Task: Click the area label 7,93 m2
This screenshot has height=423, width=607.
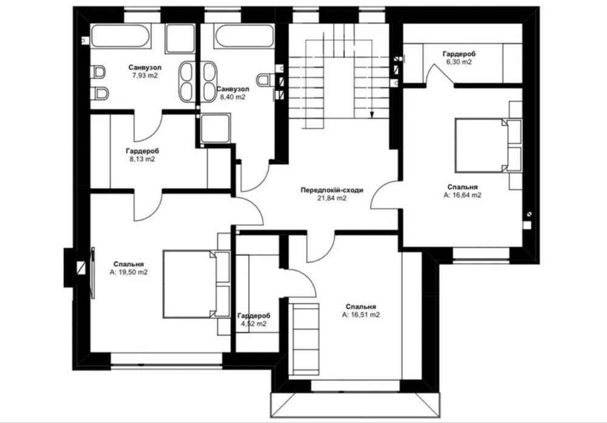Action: (145, 75)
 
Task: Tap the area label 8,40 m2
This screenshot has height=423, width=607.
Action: (233, 97)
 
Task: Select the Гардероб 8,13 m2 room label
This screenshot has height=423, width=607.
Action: (142, 154)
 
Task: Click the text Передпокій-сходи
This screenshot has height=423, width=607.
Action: (332, 190)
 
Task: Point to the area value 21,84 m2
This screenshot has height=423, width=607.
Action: (332, 198)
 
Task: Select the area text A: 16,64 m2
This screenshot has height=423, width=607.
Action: (462, 196)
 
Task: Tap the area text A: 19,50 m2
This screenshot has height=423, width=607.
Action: (129, 272)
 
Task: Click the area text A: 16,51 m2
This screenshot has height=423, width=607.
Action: (361, 315)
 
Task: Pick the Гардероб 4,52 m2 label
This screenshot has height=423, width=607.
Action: (254, 320)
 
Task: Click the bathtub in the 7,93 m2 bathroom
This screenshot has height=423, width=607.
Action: (121, 36)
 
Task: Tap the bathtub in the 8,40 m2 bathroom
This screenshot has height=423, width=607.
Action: (245, 36)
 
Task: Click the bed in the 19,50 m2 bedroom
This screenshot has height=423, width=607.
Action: (196, 284)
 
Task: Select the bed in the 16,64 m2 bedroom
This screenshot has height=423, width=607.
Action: (489, 145)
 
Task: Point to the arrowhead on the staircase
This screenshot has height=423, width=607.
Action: (372, 115)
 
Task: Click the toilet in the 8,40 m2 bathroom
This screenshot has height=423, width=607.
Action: (265, 80)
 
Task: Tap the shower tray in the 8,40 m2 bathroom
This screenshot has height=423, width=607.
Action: (215, 128)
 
